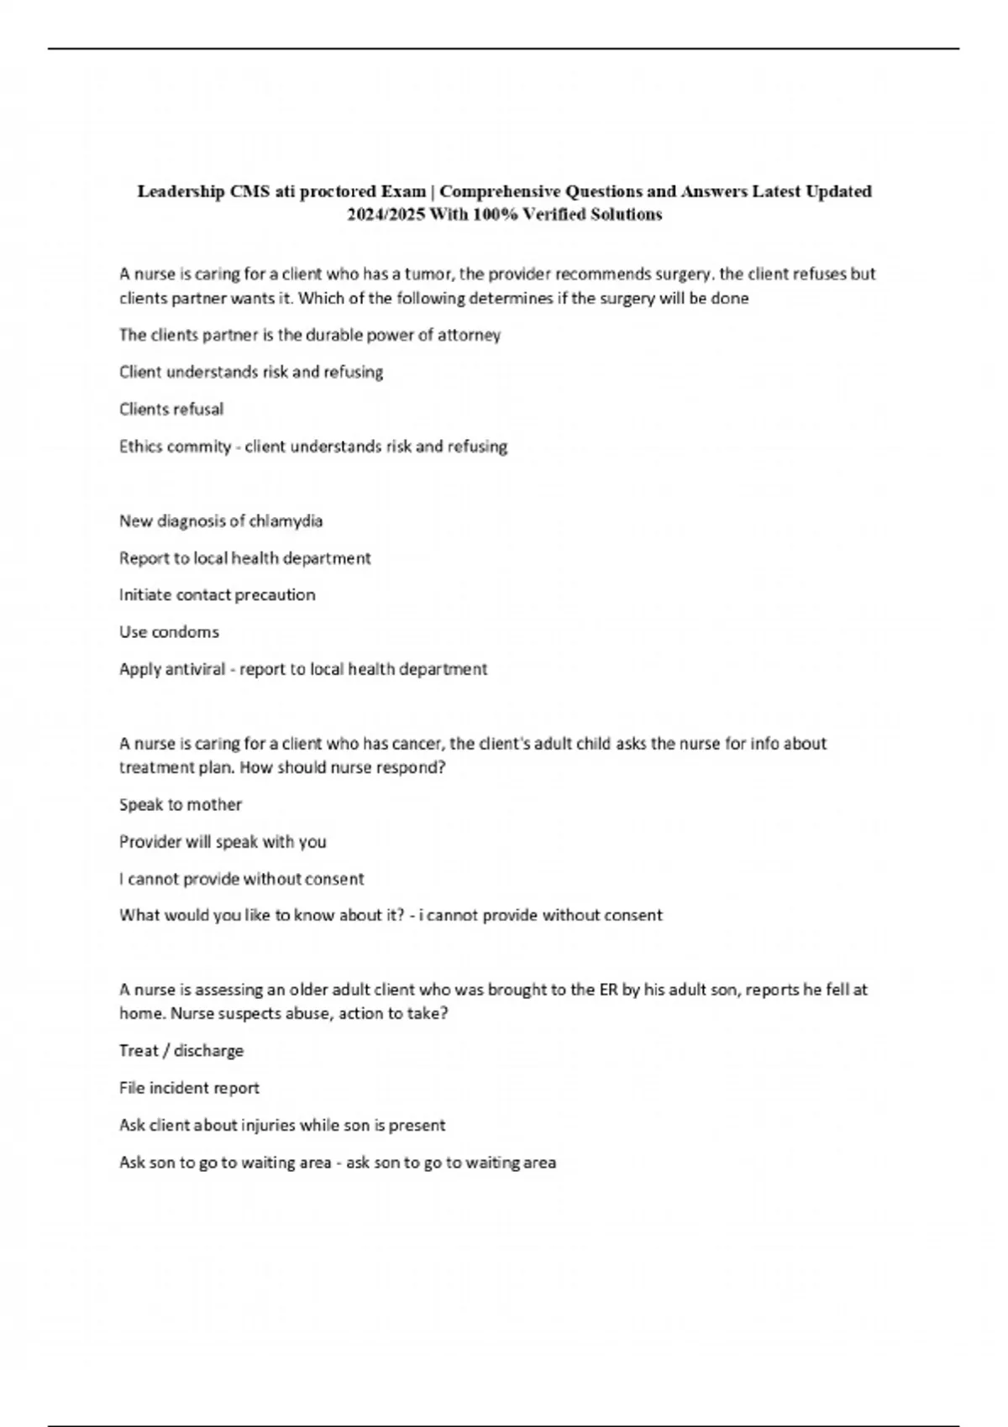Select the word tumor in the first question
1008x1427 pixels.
coord(429,274)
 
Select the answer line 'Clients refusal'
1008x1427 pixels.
coord(171,410)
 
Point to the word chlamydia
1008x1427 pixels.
coord(286,521)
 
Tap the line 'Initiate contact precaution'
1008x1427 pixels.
coord(217,595)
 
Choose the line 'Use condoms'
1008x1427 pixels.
coord(169,632)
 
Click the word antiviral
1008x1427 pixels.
coord(195,670)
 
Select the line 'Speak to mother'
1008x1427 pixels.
coord(181,805)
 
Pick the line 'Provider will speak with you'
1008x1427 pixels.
coord(223,842)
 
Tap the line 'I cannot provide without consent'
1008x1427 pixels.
coord(242,879)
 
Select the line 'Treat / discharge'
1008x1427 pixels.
coord(181,1051)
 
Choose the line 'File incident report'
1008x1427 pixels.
coord(189,1088)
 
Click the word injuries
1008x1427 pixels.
coord(268,1125)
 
